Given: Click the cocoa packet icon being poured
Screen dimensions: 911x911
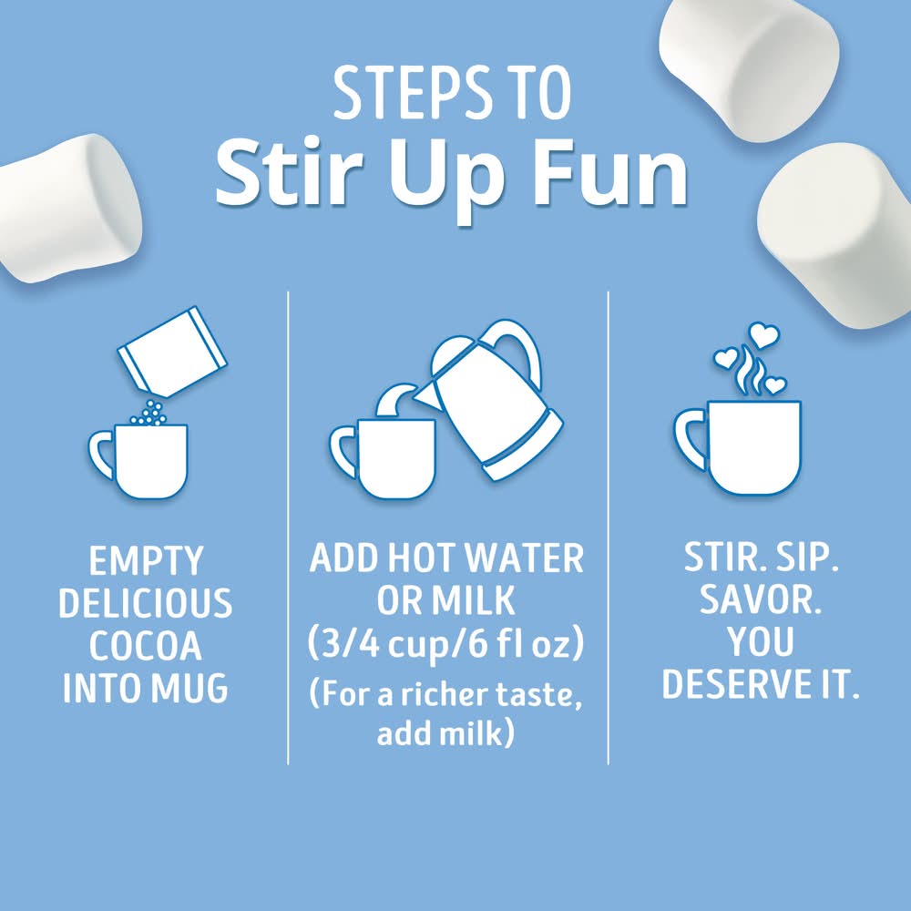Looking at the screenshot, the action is pyautogui.click(x=172, y=352).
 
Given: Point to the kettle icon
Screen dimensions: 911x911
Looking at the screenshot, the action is pyautogui.click(x=488, y=400).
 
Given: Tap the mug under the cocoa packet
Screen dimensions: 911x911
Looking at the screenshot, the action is pyautogui.click(x=139, y=461).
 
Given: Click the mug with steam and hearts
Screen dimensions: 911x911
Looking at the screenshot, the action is pyautogui.click(x=739, y=446).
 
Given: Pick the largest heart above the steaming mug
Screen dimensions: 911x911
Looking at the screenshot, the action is pyautogui.click(x=763, y=335).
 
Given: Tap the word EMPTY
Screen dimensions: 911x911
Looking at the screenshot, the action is pyautogui.click(x=146, y=560).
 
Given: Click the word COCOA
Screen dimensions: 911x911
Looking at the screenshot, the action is pyautogui.click(x=145, y=646).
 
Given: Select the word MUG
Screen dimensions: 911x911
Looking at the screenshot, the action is pyautogui.click(x=189, y=688).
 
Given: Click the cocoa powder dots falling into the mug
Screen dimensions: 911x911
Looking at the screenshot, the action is pyautogui.click(x=150, y=413).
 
